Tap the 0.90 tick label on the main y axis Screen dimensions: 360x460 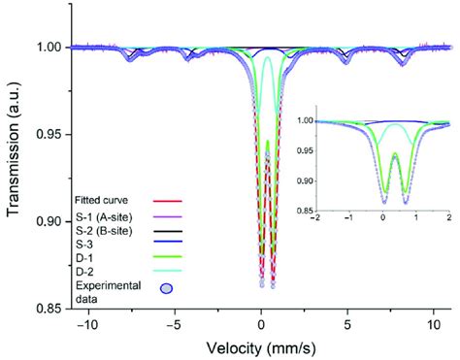[43, 221]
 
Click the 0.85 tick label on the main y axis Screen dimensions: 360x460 [43, 309]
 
